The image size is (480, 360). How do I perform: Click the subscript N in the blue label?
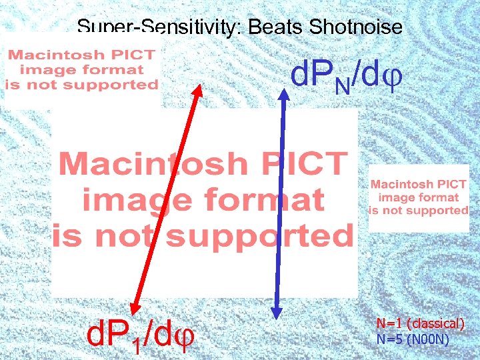tap(341, 85)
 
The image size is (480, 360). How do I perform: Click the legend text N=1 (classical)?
tap(421, 324)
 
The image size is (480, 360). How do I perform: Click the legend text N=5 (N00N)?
tap(413, 339)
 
